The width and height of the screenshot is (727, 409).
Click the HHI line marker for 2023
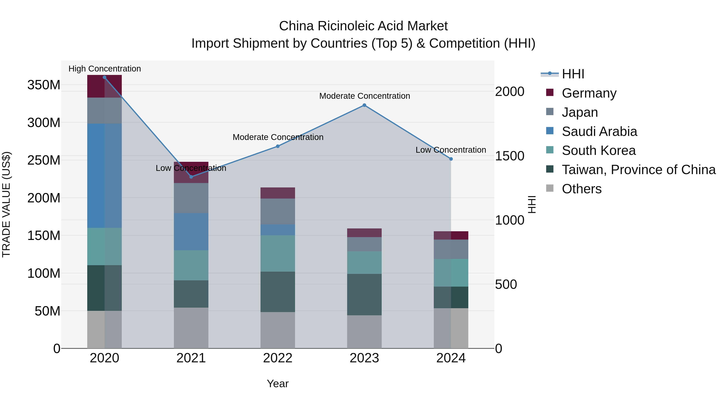click(364, 105)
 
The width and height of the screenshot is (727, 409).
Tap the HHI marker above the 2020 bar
click(104, 77)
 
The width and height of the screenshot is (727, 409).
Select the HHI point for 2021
click(191, 177)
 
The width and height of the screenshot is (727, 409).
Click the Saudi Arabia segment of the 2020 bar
click(104, 176)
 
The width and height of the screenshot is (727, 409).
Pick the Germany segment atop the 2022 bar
click(277, 193)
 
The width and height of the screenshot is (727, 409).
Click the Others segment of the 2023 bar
click(364, 332)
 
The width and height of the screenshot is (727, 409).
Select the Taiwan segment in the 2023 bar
click(364, 294)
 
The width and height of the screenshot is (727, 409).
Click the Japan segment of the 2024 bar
click(451, 249)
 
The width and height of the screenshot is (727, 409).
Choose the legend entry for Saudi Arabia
click(599, 131)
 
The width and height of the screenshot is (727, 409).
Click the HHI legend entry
click(573, 74)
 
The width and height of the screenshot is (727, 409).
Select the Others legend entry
click(581, 189)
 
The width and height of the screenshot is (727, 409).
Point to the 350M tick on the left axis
click(44, 85)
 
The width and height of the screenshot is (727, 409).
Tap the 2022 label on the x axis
click(277, 358)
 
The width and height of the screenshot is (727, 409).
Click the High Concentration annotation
click(104, 69)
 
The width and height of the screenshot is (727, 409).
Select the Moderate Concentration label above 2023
click(364, 96)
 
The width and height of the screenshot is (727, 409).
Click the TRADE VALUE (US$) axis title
click(6, 204)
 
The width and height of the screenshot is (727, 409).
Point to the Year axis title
click(277, 384)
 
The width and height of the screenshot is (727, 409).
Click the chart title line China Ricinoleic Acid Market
click(363, 26)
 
